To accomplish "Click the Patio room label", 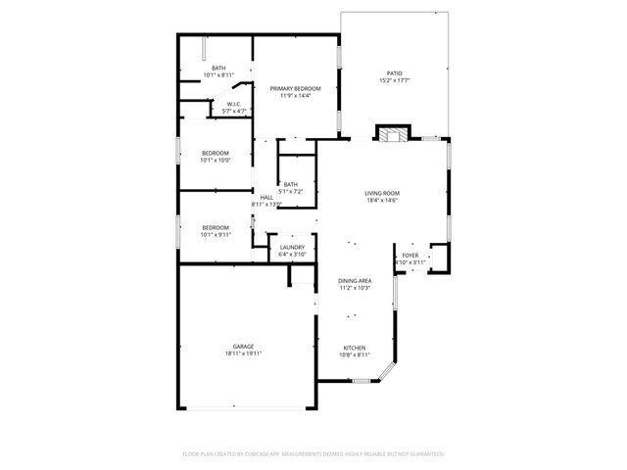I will pyautogui.click(x=394, y=73).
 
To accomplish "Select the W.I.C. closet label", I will pyautogui.click(x=234, y=105).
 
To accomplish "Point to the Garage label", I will pyautogui.click(x=243, y=347).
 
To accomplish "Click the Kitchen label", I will pyautogui.click(x=354, y=348).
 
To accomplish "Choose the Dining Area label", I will pyautogui.click(x=354, y=280).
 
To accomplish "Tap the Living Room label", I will pyautogui.click(x=381, y=193).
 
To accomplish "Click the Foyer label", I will pyautogui.click(x=410, y=256).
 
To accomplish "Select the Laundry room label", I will pyautogui.click(x=292, y=247).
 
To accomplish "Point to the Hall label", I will pyautogui.click(x=266, y=197).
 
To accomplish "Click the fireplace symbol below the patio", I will pyautogui.click(x=395, y=134).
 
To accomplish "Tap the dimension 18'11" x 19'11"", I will pyautogui.click(x=243, y=354).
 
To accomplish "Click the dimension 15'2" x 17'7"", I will pyautogui.click(x=394, y=80).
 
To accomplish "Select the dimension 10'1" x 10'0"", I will pyautogui.click(x=216, y=161).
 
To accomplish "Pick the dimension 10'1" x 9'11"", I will pyautogui.click(x=216, y=234).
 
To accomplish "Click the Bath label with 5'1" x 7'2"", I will pyautogui.click(x=291, y=184).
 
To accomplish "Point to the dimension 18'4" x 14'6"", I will pyautogui.click(x=381, y=201).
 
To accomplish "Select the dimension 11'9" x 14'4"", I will pyautogui.click(x=295, y=96).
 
